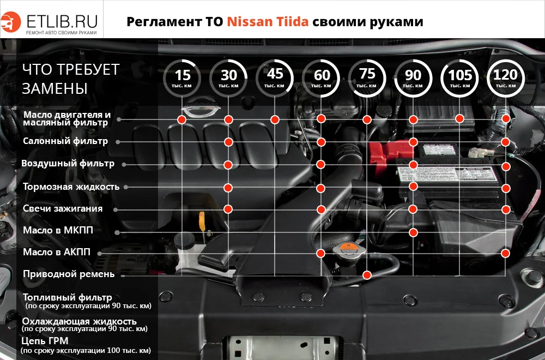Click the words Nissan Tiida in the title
[268, 22]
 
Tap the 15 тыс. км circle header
[184, 79]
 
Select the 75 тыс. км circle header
[367, 79]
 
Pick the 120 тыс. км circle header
[505, 79]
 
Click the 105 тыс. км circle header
[459, 79]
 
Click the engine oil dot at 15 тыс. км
[182, 119]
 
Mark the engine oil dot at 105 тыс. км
[459, 118]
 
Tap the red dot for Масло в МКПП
[413, 232]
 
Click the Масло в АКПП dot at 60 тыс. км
[321, 253]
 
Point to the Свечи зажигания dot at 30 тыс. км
[228, 208]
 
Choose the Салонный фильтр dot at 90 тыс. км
[413, 142]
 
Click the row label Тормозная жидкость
[71, 187]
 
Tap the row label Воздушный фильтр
[68, 164]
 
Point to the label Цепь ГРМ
[44, 341]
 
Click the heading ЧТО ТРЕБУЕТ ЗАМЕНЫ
[71, 79]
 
